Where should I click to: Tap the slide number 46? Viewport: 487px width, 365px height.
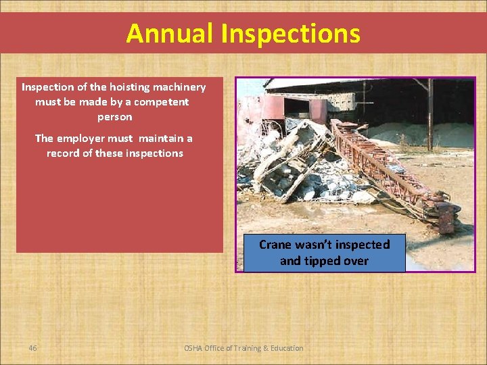(32, 348)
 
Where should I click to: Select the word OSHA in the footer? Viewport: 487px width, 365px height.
(195, 348)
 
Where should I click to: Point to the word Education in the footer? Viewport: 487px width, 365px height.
(287, 348)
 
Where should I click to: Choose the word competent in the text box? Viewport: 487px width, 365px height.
(161, 102)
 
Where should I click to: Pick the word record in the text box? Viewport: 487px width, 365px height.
(64, 153)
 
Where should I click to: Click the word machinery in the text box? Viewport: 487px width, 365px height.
(179, 87)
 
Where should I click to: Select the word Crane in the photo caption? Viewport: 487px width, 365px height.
(275, 245)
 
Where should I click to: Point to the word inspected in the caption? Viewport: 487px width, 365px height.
(359, 245)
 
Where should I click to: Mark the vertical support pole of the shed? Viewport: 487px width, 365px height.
(430, 115)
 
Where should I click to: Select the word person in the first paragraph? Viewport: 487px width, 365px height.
(114, 117)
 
